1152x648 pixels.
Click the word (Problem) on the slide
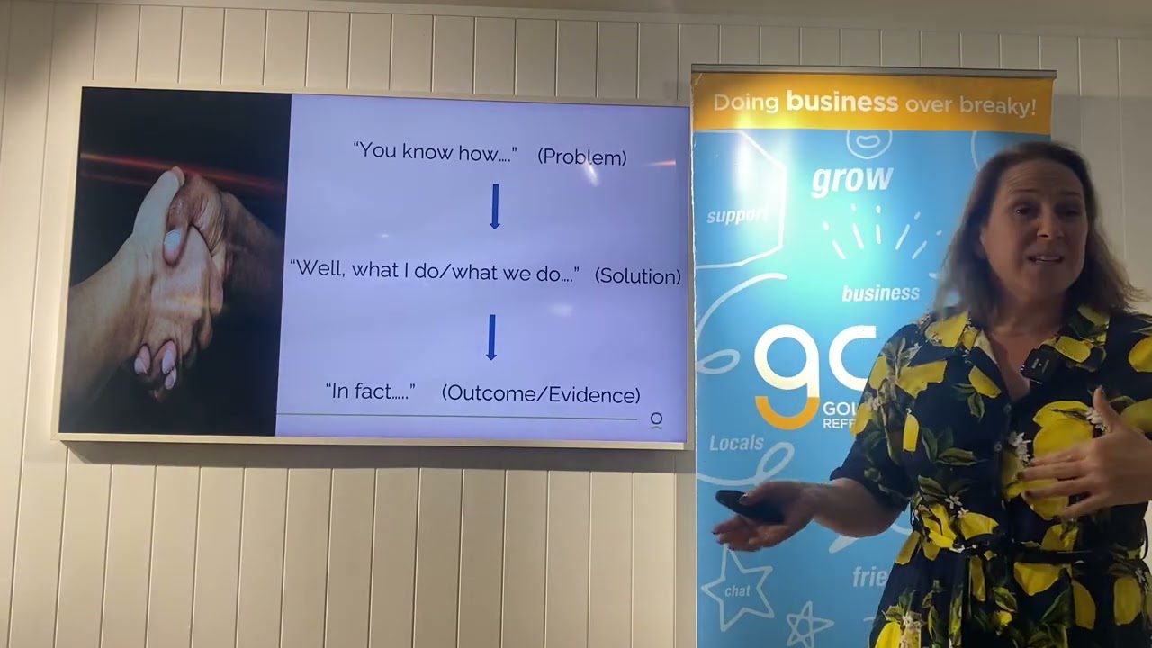(581, 157)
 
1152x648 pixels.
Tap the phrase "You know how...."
(435, 151)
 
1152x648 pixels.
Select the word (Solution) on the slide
(637, 276)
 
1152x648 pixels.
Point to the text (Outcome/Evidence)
(541, 394)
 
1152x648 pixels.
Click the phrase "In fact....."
(370, 391)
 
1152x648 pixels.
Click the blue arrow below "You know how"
(494, 206)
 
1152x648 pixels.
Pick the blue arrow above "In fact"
(491, 337)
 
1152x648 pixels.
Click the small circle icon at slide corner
(656, 419)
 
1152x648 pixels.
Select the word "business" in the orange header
(841, 102)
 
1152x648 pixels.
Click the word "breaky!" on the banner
(997, 105)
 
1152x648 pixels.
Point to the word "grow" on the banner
(851, 179)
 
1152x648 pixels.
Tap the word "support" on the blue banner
(737, 217)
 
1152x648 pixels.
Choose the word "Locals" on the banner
(736, 443)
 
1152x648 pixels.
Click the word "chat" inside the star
(737, 591)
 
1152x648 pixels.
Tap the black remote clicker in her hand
(747, 507)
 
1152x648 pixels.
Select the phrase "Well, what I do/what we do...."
(435, 270)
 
